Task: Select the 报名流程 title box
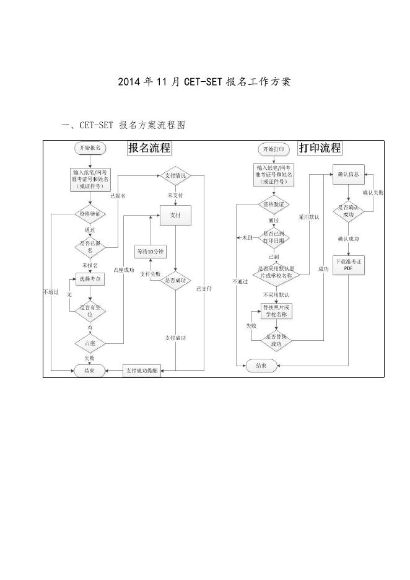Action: coord(149,148)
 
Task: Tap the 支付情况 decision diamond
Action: coord(175,175)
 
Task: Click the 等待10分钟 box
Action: coord(150,251)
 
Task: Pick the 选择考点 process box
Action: coord(90,279)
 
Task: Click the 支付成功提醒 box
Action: coord(141,371)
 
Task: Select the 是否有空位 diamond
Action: coord(90,310)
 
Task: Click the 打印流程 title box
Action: coord(320,148)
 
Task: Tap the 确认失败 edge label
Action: coord(373,193)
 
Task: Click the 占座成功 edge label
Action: coord(124,270)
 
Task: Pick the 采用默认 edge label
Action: coord(308,217)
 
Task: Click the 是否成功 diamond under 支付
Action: coord(175,281)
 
